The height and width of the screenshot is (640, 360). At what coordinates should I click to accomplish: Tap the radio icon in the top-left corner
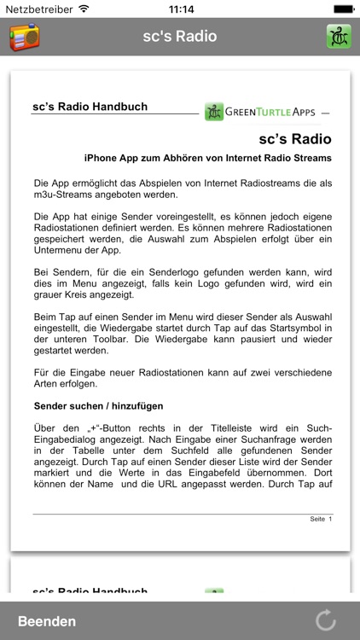24,37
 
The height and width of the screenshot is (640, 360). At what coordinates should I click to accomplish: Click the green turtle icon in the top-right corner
339,37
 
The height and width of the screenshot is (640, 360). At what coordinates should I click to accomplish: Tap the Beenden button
47,621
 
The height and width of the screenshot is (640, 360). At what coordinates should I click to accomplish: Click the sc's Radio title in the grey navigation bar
180,37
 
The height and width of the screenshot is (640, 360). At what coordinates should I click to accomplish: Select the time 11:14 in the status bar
181,9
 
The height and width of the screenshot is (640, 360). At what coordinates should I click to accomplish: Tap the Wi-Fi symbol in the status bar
84,9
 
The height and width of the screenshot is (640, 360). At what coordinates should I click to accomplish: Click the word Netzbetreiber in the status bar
38,9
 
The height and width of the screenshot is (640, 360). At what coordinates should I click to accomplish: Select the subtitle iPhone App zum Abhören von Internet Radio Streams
208,158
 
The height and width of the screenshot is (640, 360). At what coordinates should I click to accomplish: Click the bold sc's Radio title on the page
294,138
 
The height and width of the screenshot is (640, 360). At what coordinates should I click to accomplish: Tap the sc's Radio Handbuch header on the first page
90,107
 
